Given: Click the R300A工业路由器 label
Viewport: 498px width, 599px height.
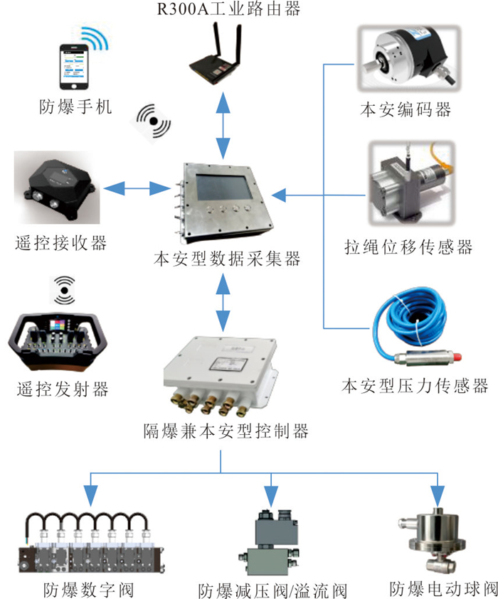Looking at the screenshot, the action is tap(228, 9).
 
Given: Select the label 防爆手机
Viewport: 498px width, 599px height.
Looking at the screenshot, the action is tap(75, 107).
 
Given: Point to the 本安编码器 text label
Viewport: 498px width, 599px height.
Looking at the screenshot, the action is tap(406, 109).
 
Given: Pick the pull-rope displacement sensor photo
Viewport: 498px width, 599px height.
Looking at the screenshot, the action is tap(411, 183).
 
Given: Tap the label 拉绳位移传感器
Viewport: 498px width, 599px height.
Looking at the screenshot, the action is tap(408, 247).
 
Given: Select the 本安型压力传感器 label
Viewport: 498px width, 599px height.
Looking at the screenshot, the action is tap(415, 386).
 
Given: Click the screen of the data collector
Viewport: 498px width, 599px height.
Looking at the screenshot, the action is tap(224, 187).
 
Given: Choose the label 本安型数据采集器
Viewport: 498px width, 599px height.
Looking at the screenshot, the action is tap(227, 259).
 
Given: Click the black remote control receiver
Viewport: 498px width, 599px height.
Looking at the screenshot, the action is tap(59, 189).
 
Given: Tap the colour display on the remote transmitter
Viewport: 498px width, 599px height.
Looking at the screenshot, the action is tap(58, 325).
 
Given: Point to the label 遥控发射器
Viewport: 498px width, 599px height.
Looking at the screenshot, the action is tap(63, 389).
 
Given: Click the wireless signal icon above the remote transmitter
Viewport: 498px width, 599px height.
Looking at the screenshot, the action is tap(64, 291).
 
